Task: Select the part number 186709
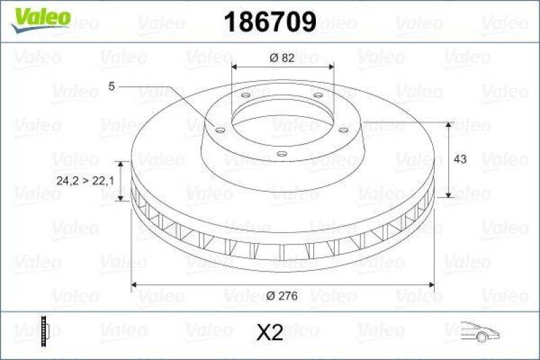(269, 22)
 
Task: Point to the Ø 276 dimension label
(282, 296)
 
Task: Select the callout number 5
(111, 86)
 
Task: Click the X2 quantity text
(270, 332)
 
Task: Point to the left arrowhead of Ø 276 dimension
(134, 284)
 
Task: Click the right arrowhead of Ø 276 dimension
(431, 284)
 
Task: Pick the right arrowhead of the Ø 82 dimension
(330, 67)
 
